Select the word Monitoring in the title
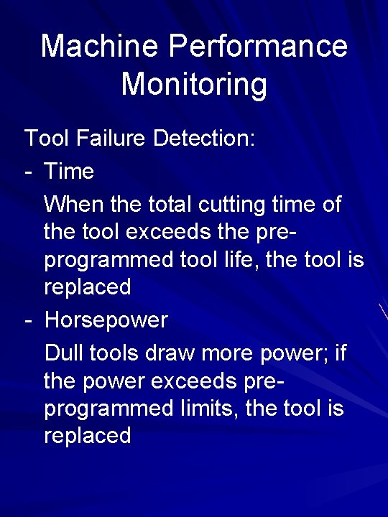(x=194, y=85)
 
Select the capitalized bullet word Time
(x=69, y=172)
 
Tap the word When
(x=74, y=205)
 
